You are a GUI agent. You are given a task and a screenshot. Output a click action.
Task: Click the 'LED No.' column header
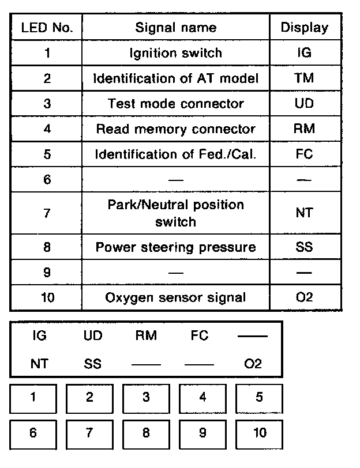click(x=46, y=27)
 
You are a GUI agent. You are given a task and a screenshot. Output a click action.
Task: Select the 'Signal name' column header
click(x=175, y=27)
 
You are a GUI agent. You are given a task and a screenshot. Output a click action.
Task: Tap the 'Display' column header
click(x=304, y=27)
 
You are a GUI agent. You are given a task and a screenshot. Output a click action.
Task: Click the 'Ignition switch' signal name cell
click(x=175, y=53)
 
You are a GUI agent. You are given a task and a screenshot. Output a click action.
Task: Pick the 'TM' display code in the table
click(x=304, y=78)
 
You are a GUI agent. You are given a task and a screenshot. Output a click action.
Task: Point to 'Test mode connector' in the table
click(x=175, y=104)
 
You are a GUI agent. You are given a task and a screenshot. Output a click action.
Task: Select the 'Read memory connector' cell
click(x=175, y=129)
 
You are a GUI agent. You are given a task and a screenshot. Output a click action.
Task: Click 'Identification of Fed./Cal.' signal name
click(x=175, y=154)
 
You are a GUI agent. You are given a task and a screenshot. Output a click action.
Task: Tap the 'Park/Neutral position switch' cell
click(x=175, y=213)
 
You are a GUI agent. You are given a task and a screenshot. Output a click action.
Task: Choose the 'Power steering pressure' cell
click(x=175, y=247)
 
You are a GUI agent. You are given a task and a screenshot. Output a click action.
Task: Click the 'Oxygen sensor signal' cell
click(x=175, y=297)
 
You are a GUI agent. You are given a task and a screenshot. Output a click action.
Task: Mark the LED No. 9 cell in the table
click(x=46, y=272)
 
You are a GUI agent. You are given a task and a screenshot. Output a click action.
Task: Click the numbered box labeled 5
click(x=260, y=397)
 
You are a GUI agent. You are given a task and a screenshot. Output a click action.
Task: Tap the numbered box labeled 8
click(x=146, y=433)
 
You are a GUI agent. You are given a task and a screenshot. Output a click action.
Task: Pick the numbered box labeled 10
click(x=260, y=433)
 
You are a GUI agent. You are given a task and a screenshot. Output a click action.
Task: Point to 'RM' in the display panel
click(x=146, y=335)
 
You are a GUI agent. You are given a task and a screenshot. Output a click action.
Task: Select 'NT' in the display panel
click(x=39, y=364)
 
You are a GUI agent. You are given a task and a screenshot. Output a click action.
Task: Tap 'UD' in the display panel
click(x=92, y=335)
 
